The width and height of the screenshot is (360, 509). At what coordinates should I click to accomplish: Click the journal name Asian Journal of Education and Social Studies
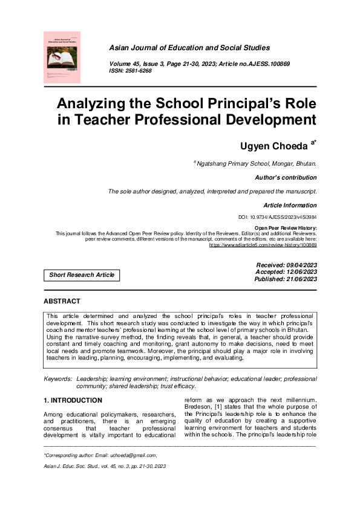[x=189, y=48]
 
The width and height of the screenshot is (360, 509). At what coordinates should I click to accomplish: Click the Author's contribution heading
[x=286, y=178]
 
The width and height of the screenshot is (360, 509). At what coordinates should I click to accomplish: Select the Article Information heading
[x=290, y=206]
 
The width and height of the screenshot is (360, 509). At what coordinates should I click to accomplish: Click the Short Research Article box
[x=82, y=275]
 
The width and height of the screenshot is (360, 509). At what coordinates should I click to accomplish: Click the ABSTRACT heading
[x=62, y=301]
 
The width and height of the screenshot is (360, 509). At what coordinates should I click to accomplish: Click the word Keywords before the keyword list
[x=57, y=378]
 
